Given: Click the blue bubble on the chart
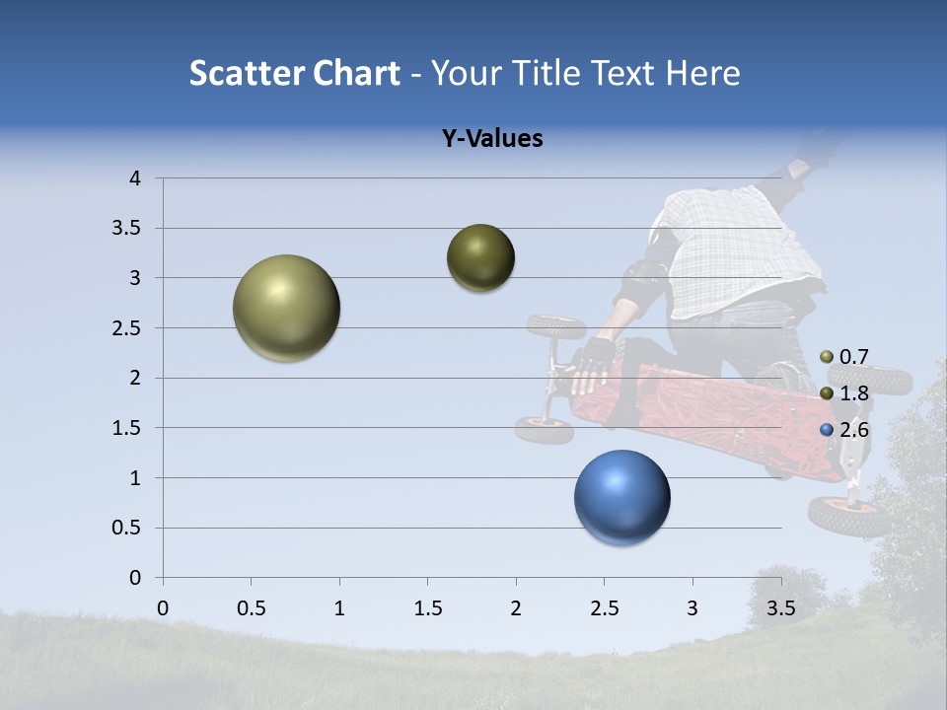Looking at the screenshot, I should (x=621, y=497).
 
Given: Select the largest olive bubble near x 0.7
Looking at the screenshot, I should (x=286, y=308).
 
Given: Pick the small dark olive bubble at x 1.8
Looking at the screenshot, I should (x=480, y=257).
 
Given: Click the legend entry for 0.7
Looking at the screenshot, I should (x=844, y=357).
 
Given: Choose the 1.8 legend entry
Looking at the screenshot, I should (x=844, y=393).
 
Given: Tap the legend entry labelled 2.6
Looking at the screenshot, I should (x=844, y=430).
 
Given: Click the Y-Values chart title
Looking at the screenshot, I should (x=491, y=139).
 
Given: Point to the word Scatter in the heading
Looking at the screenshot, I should (x=245, y=73).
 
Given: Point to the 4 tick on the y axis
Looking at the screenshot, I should (x=135, y=178).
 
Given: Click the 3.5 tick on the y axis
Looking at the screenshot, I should (x=128, y=229).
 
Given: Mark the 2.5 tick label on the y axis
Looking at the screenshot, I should (x=128, y=328).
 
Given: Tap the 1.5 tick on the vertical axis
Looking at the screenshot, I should (x=128, y=428).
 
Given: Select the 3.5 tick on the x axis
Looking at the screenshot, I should (x=780, y=608).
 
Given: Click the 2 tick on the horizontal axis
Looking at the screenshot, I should (x=515, y=608).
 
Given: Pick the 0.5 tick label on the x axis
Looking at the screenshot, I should (x=251, y=608).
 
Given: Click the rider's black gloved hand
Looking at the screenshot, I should (x=595, y=357).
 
